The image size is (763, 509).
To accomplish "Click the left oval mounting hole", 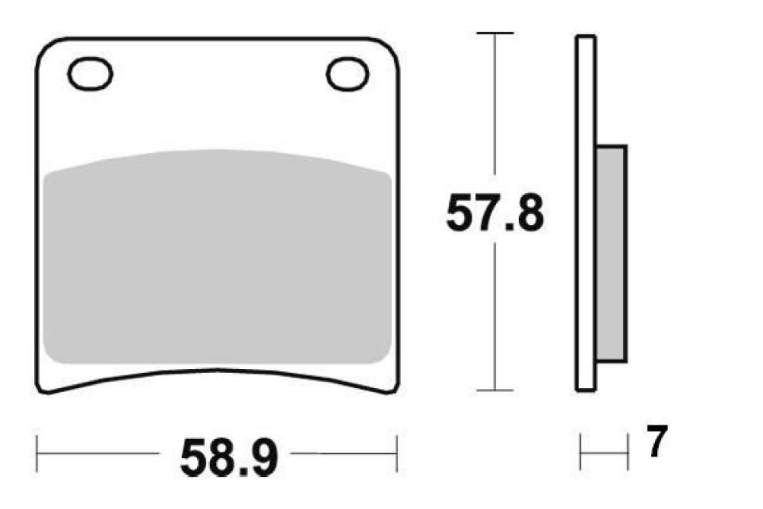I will [x=91, y=74].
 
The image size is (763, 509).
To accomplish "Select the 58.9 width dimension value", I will [x=228, y=457].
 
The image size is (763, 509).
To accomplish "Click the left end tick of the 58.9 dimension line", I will [x=37, y=454].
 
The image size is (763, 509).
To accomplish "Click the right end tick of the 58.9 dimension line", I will [x=396, y=454].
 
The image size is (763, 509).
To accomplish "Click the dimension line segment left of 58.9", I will [x=99, y=454].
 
